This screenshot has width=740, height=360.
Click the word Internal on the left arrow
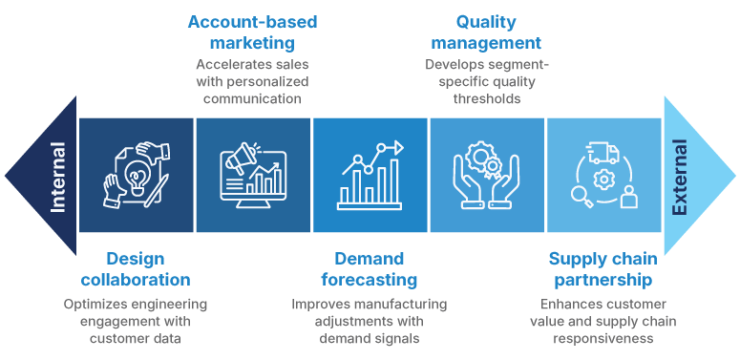coord(58,177)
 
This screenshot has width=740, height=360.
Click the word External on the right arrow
coord(680,178)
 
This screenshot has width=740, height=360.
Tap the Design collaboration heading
coord(136,269)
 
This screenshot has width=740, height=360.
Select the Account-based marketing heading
coord(253,32)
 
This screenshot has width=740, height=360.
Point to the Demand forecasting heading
coord(369,269)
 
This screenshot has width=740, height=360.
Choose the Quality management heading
coord(486,32)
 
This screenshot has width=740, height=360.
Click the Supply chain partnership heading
coord(601,269)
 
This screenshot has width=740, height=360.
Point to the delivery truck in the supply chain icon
coord(601,153)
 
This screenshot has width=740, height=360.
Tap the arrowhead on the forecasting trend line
coord(398,146)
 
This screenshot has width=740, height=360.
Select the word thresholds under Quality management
coord(486,98)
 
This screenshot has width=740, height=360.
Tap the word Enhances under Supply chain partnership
coord(560,304)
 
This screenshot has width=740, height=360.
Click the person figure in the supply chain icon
coord(627,199)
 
